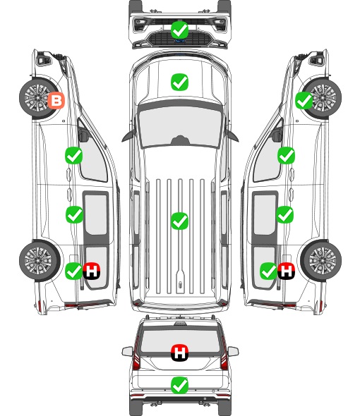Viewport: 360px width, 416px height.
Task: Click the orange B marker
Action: [56, 100]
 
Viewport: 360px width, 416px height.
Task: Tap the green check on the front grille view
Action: [179, 30]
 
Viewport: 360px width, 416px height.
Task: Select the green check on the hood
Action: [179, 82]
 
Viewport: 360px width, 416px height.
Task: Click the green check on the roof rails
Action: [179, 221]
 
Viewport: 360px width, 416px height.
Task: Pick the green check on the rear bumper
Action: [179, 385]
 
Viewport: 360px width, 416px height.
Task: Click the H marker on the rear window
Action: [179, 353]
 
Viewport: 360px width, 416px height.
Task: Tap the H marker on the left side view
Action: [91, 271]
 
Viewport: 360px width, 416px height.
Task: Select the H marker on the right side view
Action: [286, 271]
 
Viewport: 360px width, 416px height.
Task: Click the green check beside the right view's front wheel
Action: [304, 100]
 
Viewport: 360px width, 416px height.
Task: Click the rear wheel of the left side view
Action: [40, 261]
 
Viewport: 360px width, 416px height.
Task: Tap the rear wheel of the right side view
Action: [321, 261]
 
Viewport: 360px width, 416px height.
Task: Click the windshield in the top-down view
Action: [180, 126]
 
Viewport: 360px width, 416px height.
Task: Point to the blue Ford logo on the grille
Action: [180, 41]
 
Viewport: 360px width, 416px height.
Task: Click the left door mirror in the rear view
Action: [128, 351]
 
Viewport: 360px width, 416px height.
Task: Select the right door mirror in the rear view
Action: [233, 351]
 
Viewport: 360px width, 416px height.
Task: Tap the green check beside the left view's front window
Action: [74, 155]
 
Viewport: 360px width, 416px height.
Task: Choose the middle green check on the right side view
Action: [284, 214]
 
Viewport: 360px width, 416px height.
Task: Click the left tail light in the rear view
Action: [136, 355]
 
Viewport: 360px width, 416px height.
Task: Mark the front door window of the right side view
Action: [268, 157]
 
